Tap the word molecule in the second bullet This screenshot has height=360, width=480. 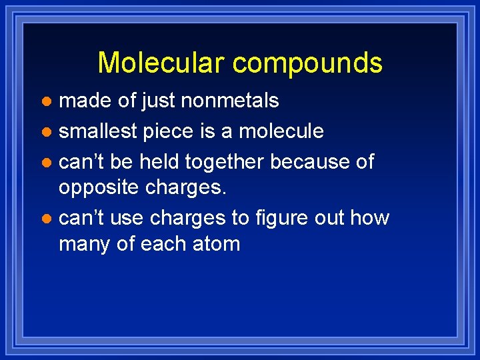pyautogui.click(x=281, y=131)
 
